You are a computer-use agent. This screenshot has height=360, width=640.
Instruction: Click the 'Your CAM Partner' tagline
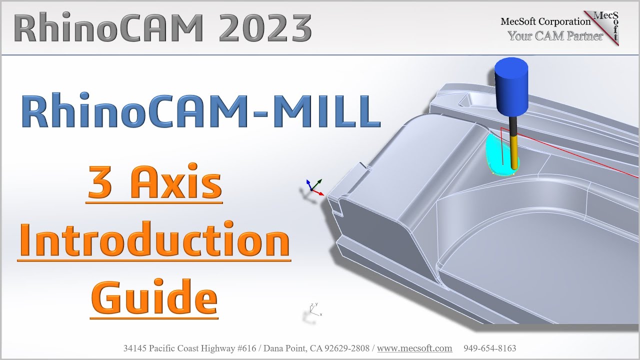coord(555,36)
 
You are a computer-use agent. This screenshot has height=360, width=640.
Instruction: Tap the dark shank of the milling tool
coord(513,130)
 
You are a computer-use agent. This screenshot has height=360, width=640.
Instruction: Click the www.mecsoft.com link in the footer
coord(414,348)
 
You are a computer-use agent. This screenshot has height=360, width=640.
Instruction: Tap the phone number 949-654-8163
coord(489,348)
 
